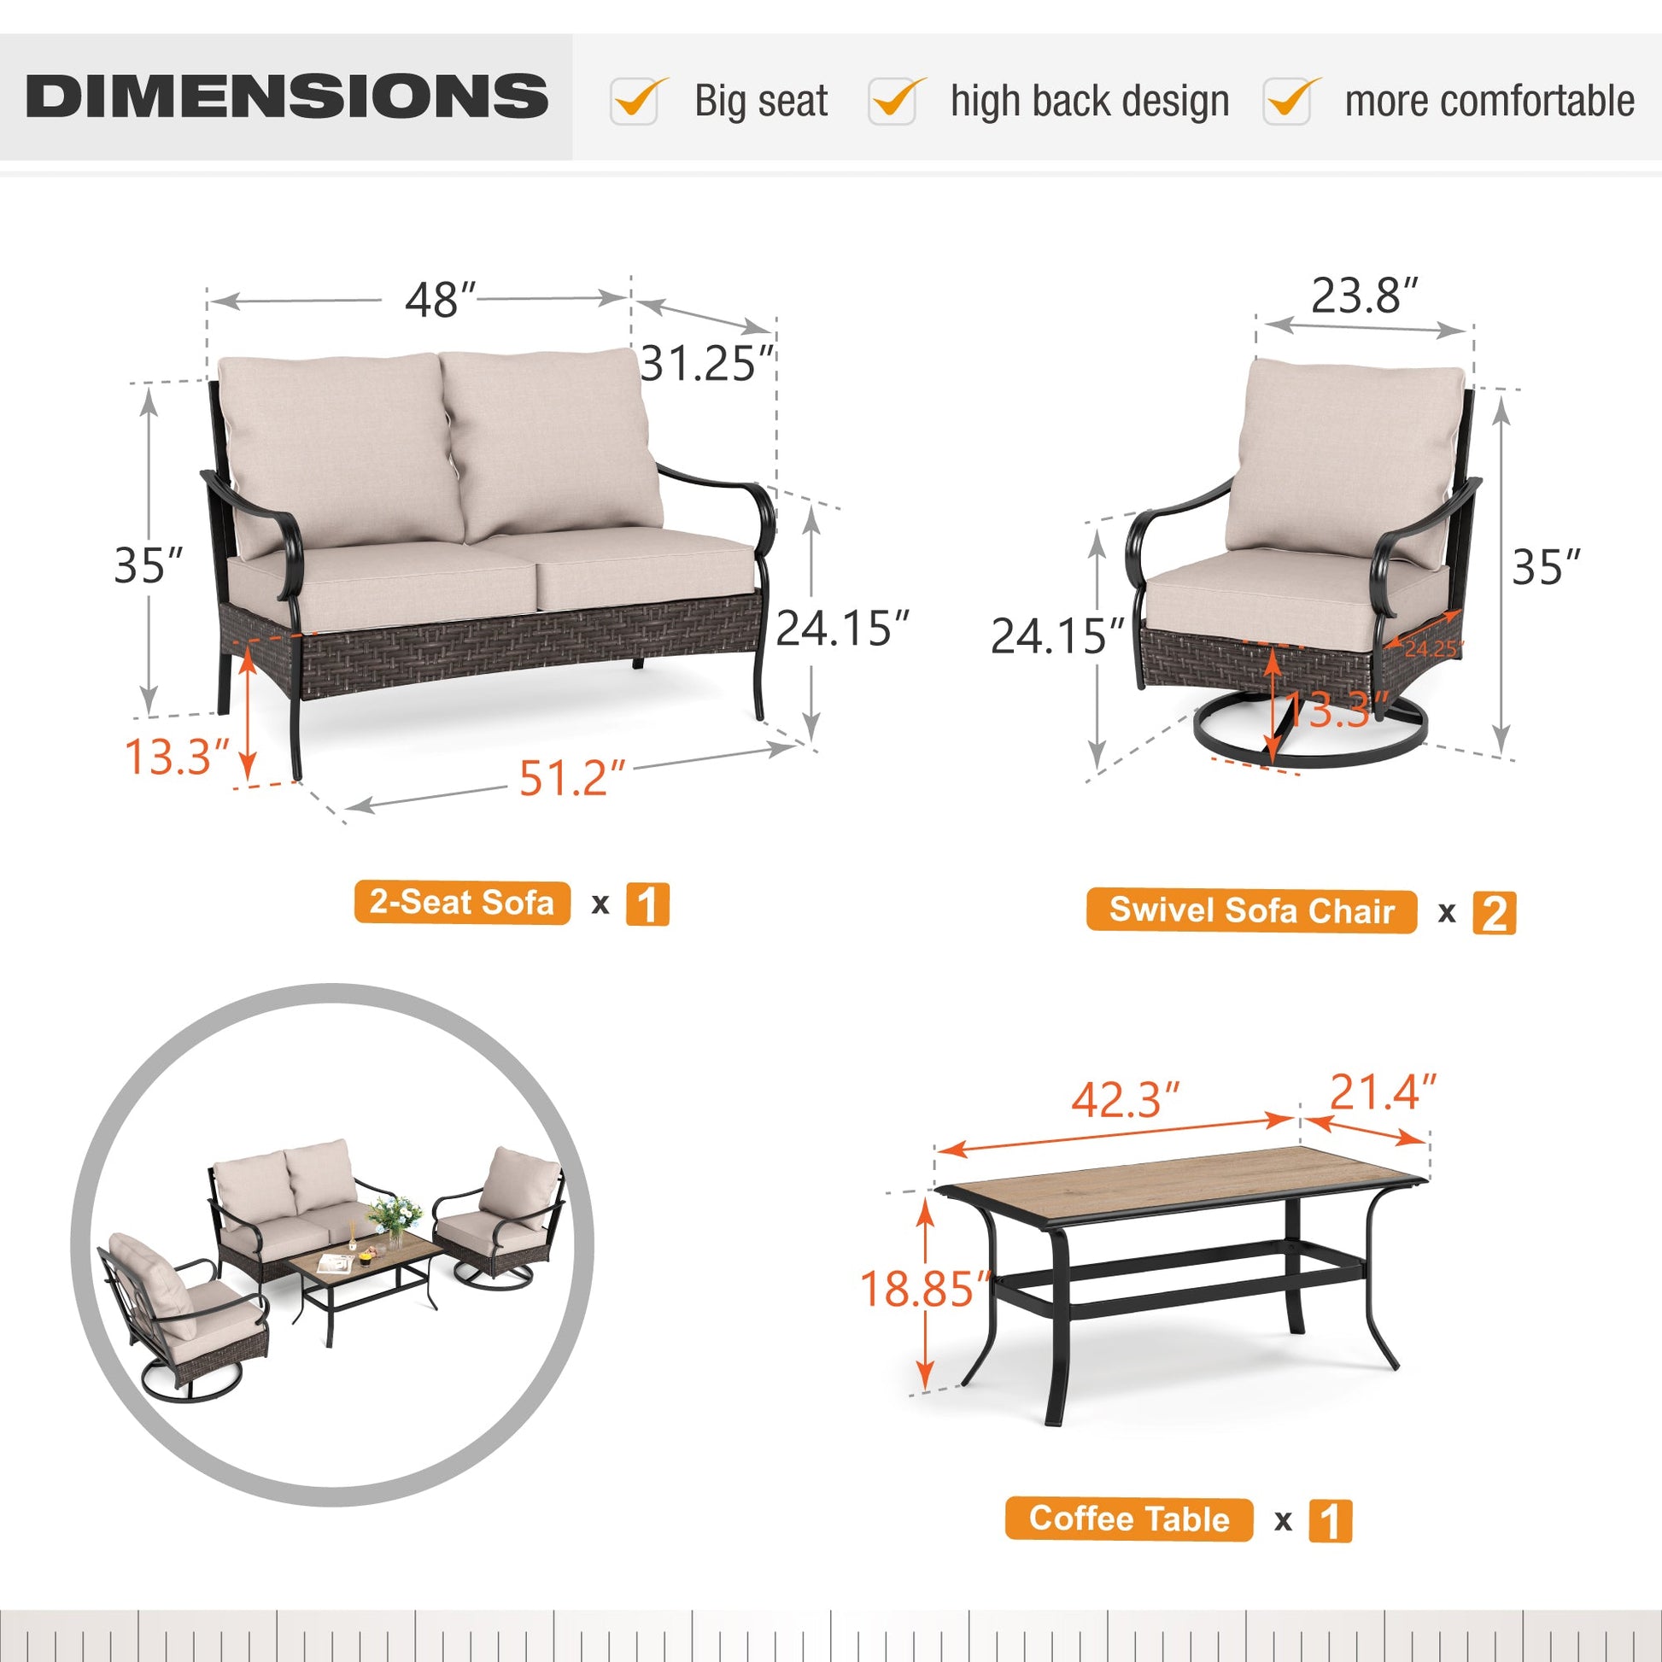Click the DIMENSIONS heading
(x=286, y=96)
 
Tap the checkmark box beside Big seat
(x=635, y=101)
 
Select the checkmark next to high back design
(x=893, y=101)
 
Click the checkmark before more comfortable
(x=1288, y=101)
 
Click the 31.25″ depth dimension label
(x=708, y=363)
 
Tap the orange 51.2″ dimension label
(x=571, y=780)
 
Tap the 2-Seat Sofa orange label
(x=462, y=904)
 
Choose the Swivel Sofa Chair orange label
(x=1251, y=910)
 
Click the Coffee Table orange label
(x=1129, y=1520)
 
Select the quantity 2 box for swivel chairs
(x=1495, y=913)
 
